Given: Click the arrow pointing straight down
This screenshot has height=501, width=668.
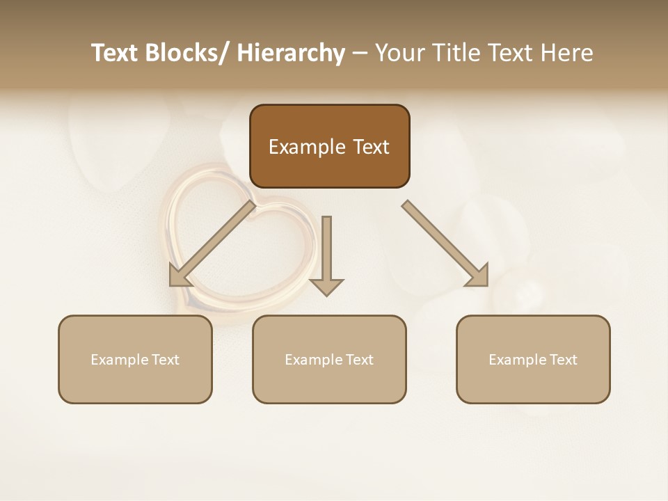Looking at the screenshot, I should point(326,254).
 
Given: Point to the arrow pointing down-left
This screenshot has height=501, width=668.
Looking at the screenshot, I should point(212,244).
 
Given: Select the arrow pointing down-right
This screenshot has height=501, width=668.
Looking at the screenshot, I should point(445,244).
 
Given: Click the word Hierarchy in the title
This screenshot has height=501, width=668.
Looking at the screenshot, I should point(291,53).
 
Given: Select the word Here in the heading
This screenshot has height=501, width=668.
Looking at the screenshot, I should point(568,53).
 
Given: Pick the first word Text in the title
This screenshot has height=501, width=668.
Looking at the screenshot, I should point(116,53).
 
